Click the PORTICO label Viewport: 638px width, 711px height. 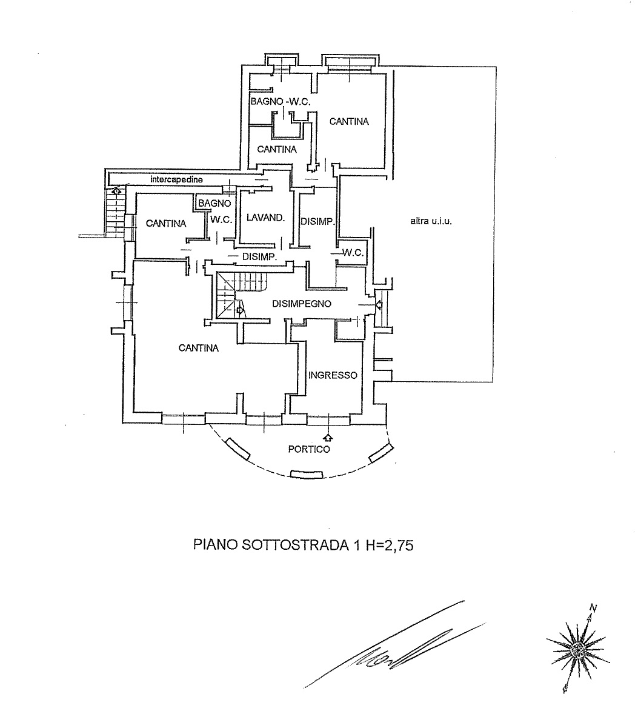[309, 449]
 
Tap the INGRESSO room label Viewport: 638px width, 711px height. [333, 375]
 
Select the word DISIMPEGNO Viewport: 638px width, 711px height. [301, 304]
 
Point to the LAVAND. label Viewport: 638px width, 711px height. [265, 218]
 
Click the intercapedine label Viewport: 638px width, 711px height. [176, 179]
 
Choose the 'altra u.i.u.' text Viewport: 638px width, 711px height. [431, 221]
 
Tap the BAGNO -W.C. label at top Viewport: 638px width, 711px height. [281, 102]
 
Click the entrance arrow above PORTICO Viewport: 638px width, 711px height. [328, 438]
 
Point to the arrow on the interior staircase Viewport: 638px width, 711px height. [239, 310]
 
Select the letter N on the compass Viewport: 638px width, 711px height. [593, 608]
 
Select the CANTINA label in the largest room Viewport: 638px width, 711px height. [199, 348]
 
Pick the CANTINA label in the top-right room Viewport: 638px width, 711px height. [349, 121]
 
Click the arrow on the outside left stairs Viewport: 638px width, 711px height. [116, 192]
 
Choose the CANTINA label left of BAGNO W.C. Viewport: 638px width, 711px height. [166, 223]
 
